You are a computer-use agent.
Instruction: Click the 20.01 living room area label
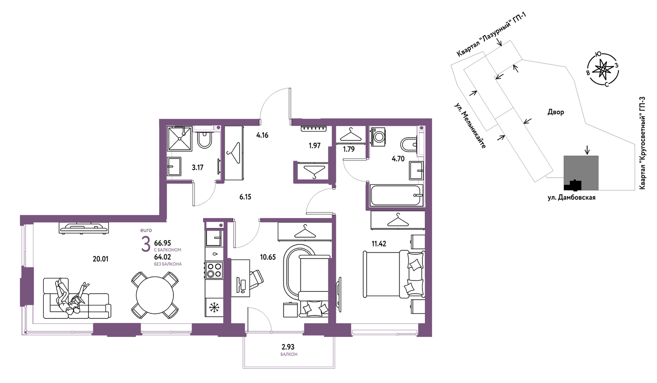coord(100,259)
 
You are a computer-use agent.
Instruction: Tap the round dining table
coord(155,295)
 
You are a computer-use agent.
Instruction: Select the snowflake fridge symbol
coord(214,307)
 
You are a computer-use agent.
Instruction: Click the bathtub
coord(396,195)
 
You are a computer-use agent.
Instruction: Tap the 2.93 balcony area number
coord(288,347)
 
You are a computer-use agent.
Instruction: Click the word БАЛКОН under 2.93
coord(289,354)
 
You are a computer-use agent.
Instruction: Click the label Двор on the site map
coord(556,112)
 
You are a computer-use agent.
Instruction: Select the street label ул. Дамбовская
coord(571,198)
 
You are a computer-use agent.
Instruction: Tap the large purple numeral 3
coord(146,245)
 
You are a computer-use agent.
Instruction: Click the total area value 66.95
coord(162,243)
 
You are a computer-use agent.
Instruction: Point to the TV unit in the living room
coord(84,228)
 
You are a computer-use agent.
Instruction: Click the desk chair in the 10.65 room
coord(256,279)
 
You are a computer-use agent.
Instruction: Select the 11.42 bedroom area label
coord(379,244)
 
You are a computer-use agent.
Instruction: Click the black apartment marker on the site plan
coord(572,185)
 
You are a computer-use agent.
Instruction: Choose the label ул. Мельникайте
coord(470,126)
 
